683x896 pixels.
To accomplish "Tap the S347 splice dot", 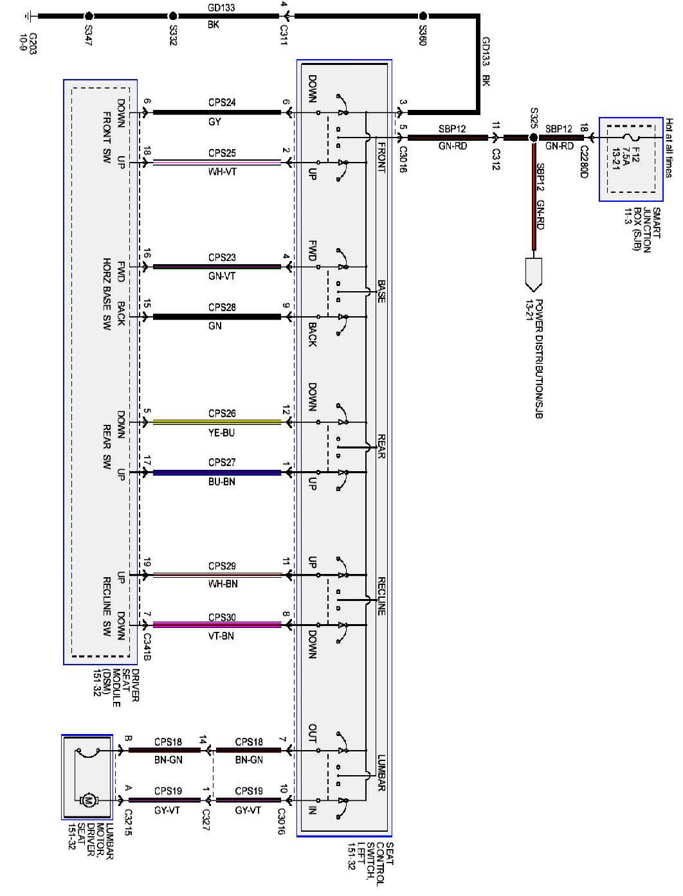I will [89, 16].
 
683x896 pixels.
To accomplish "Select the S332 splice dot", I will [172, 16].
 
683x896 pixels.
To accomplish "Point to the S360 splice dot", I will [423, 16].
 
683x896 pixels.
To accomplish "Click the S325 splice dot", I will [533, 138].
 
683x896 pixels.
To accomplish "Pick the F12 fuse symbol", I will [630, 138].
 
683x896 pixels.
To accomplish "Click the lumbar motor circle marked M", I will [88, 800].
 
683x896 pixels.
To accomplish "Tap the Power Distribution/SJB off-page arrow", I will [533, 273].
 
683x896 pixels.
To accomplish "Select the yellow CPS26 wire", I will [217, 422].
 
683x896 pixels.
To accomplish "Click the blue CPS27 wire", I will [217, 472].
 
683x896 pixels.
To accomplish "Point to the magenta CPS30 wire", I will [217, 625].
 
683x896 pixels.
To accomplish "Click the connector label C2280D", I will [583, 161].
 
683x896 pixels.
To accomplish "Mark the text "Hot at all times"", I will [669, 148].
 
